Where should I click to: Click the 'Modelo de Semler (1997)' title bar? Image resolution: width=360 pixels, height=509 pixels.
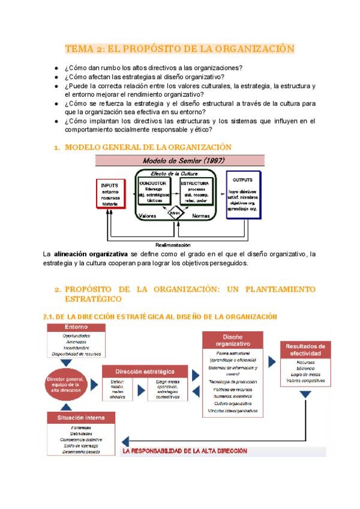(180, 161)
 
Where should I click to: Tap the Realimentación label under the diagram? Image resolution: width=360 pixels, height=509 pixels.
(173, 245)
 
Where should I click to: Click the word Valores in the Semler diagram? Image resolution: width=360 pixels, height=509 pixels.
(149, 215)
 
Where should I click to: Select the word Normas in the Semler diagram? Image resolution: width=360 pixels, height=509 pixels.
(202, 215)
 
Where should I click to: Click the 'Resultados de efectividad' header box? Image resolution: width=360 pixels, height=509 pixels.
(305, 349)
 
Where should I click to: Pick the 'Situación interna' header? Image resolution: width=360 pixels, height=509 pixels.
(76, 417)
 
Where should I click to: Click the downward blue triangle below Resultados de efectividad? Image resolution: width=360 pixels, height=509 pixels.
(305, 395)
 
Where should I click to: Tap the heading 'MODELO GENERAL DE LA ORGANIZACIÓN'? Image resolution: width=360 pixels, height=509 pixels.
(148, 147)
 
